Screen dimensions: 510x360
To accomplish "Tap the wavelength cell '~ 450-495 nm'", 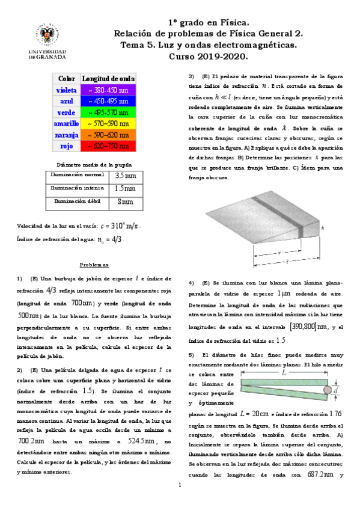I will pos(109,101).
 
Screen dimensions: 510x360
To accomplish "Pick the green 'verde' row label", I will pos(65,112).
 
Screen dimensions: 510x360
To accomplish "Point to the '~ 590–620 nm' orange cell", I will pos(109,135).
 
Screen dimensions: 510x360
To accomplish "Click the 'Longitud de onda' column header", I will pos(109,79).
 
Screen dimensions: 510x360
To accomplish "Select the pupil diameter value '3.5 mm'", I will pos(125,176).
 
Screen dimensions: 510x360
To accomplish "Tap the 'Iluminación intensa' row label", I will pos(76,189).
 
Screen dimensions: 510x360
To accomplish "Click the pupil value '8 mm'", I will pos(125,202).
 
